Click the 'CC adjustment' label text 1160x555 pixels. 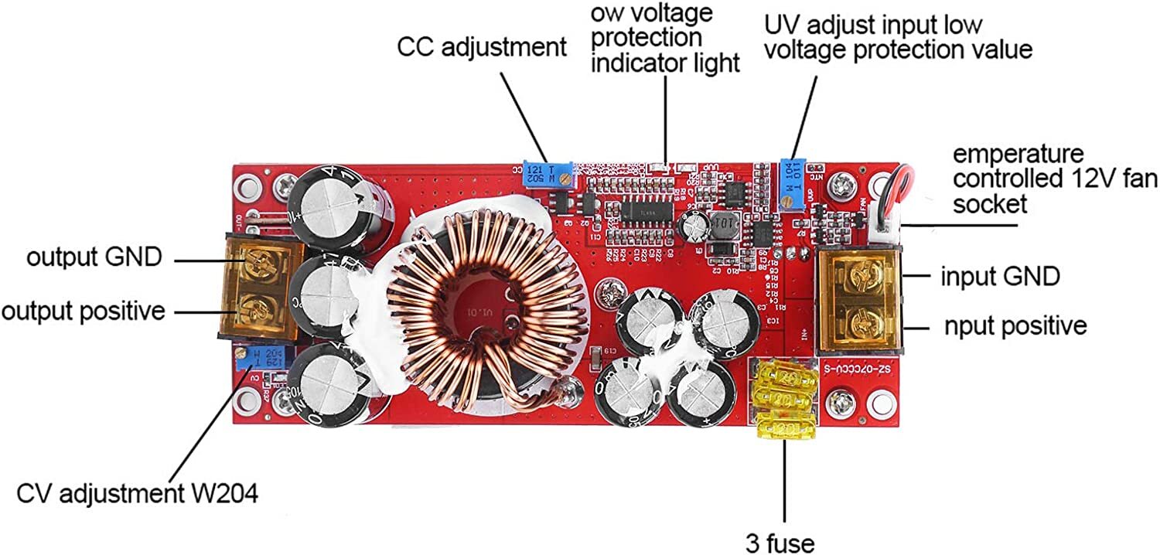(x=481, y=47)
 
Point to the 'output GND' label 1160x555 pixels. (x=94, y=257)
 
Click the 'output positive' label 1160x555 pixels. (x=83, y=311)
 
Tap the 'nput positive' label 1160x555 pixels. (x=1015, y=325)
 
